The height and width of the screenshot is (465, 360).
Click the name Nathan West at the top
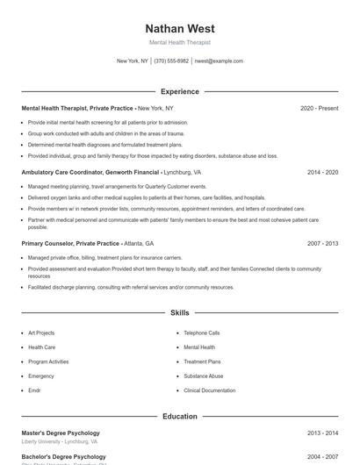point(179,29)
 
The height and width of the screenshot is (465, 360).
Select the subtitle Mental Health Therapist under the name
point(179,42)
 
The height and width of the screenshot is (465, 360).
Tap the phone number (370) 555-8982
point(171,61)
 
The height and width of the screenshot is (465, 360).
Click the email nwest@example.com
point(218,61)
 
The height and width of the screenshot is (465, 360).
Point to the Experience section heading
point(179,91)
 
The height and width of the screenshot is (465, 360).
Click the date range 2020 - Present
point(319,108)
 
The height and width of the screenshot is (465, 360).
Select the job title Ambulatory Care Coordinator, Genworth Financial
point(90,172)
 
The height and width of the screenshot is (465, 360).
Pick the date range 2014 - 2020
point(322,172)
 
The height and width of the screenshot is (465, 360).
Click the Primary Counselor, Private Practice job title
point(70,243)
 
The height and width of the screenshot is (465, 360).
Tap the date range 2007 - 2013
point(322,243)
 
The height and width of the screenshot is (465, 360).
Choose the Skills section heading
point(179,312)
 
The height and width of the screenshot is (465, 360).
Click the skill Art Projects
point(41,333)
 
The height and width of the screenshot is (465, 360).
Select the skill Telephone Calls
point(202,333)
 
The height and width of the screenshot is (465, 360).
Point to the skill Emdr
point(34,390)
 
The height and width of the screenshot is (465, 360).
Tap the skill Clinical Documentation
point(210,390)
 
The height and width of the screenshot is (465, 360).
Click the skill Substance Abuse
point(204,376)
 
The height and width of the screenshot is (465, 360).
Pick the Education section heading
point(179,416)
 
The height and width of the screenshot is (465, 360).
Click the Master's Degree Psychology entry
point(61,433)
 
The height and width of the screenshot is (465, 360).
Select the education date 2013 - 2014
point(322,433)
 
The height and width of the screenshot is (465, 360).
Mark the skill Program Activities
point(48,361)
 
